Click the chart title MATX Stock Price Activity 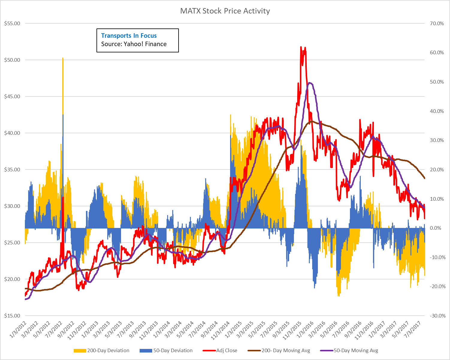[x=225, y=11]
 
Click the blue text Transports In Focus [x=129, y=36]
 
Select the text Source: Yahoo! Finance [x=134, y=44]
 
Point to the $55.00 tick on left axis [x=12, y=23]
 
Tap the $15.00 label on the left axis [x=12, y=316]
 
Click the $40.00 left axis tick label [x=12, y=133]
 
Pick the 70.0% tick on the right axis [x=437, y=23]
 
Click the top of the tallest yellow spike [x=63, y=58]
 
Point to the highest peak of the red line [x=300, y=47]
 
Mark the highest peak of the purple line [x=309, y=83]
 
